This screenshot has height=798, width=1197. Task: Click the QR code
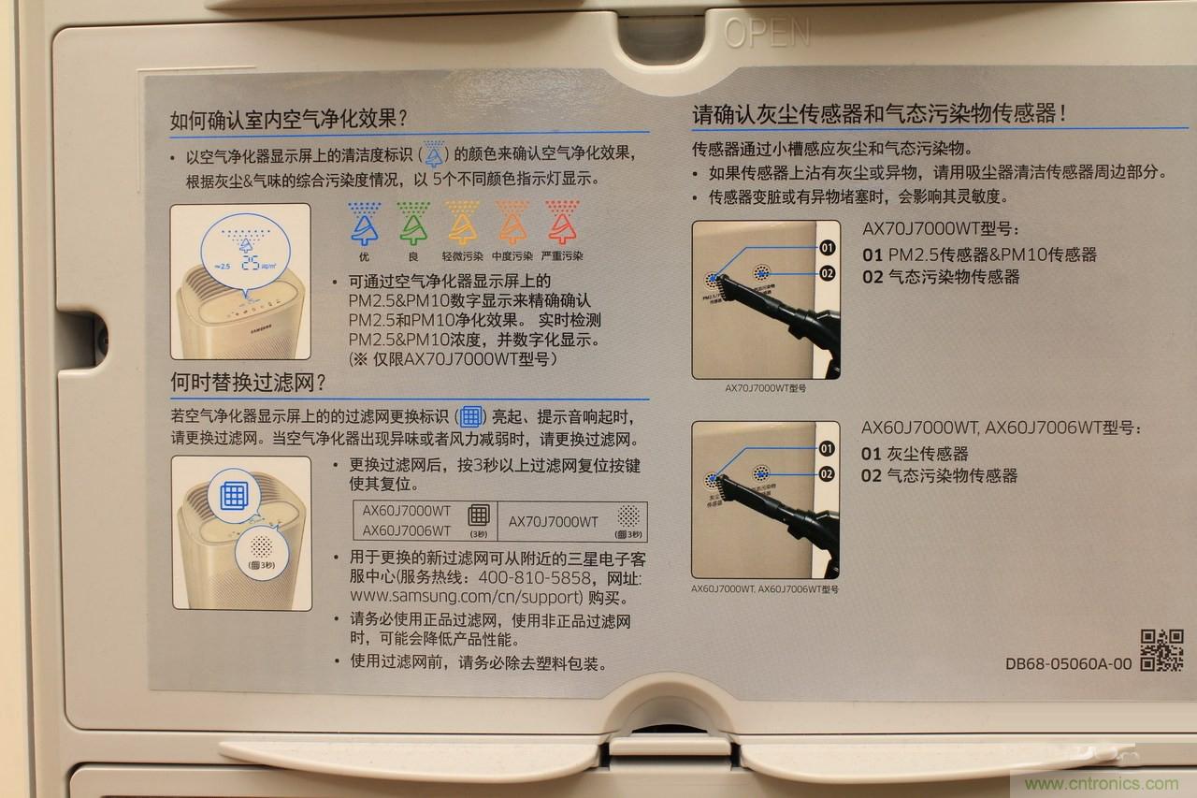tap(1161, 649)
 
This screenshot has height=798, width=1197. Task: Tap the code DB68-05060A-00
tap(1068, 664)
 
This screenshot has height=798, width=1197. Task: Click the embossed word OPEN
tap(767, 33)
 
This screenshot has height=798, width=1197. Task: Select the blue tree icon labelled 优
tap(362, 223)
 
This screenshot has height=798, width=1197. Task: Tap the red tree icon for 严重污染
tap(561, 223)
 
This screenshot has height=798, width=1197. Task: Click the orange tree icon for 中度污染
tap(512, 223)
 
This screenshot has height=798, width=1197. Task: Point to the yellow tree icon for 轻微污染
tap(461, 223)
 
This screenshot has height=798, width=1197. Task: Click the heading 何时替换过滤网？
tap(248, 383)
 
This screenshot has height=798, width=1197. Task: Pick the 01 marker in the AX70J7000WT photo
tap(827, 248)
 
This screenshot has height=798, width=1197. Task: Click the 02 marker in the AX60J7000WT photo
tap(827, 474)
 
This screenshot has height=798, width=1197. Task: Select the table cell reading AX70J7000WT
tap(553, 521)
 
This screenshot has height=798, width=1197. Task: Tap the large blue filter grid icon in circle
tap(233, 495)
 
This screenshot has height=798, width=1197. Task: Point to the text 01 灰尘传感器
tap(916, 454)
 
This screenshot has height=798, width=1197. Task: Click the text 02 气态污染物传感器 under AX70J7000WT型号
tap(941, 277)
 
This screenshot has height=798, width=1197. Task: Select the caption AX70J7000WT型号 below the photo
tap(765, 387)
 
